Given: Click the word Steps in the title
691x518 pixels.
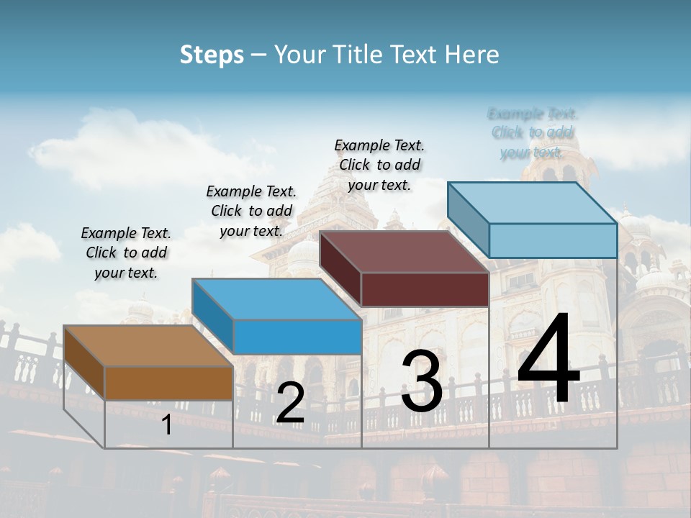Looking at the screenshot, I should pos(212,55).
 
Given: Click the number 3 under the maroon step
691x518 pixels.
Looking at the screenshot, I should pos(422,381).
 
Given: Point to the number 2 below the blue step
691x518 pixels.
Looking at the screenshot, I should pos(290,403).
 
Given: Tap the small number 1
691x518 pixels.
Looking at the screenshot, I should pos(167,425).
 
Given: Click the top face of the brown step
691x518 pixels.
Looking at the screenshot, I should pos(148,346).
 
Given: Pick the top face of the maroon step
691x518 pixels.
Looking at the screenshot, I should pos(404,252).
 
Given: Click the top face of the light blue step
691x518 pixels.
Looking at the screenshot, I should pos(532,202).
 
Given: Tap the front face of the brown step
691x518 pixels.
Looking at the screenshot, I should pos(168,383).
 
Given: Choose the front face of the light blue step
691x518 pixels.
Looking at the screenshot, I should pos(553,240).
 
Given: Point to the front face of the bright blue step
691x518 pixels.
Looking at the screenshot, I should pos(297,337).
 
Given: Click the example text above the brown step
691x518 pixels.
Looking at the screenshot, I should pos(126,253).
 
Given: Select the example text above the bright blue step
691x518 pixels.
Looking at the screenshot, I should pos(251,211).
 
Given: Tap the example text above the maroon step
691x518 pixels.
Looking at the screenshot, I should pos(379,165).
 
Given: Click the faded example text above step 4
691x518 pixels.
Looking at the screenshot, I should pos(532,132).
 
